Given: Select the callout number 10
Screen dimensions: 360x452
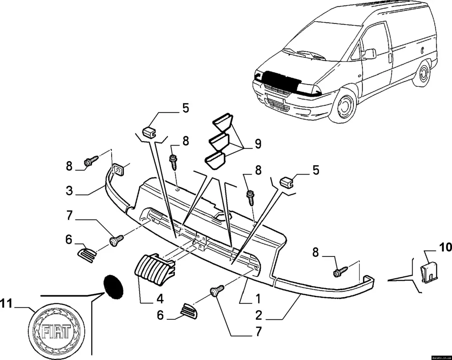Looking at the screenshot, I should coord(446,247).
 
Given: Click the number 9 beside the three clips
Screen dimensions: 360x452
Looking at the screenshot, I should coord(258,144).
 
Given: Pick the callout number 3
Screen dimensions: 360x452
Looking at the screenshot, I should coord(69,190).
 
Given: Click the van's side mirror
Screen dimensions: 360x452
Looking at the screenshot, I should coord(370,54).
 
